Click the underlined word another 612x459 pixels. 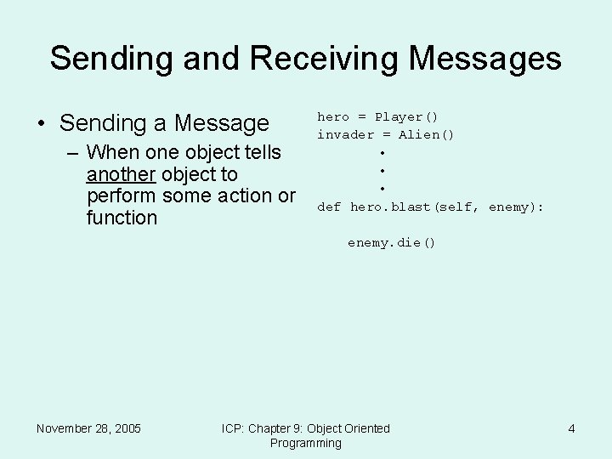(x=121, y=174)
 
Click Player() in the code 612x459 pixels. (x=406, y=116)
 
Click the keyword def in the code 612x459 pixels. (x=329, y=207)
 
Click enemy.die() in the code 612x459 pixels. (x=391, y=242)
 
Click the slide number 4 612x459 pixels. (x=571, y=428)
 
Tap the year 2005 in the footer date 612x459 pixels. (x=125, y=428)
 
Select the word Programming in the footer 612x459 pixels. (x=305, y=443)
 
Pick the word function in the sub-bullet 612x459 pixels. (x=122, y=218)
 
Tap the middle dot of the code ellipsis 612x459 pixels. (x=383, y=171)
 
